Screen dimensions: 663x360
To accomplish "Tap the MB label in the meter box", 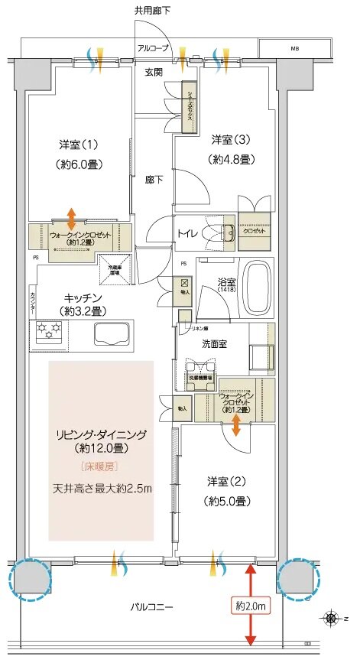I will tap(294, 49).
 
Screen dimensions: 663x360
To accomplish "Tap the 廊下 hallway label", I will tap(155, 180).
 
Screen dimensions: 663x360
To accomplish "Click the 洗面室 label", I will tap(213, 344).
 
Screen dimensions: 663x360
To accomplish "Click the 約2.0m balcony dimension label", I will tap(251, 606).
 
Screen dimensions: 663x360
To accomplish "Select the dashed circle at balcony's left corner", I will tap(28, 579).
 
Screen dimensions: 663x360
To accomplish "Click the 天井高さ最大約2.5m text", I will tap(102, 488).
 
